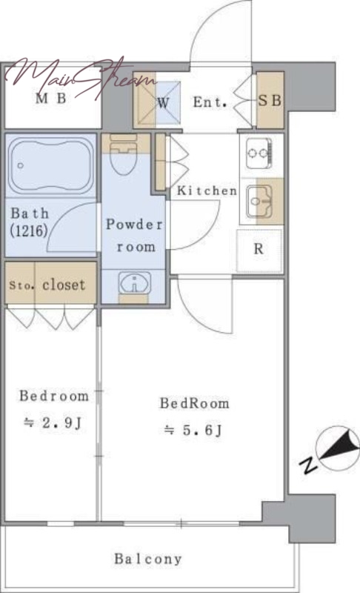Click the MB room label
[51, 99]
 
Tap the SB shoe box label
[270, 100]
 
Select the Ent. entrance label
[210, 102]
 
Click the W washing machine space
[163, 102]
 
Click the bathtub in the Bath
[50, 165]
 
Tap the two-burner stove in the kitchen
[259, 153]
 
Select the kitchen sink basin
[259, 202]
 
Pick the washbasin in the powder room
[135, 283]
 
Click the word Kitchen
[207, 191]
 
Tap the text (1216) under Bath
[29, 231]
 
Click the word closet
[64, 285]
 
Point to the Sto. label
[21, 285]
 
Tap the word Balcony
[148, 559]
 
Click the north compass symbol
[333, 450]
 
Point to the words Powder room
[135, 235]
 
